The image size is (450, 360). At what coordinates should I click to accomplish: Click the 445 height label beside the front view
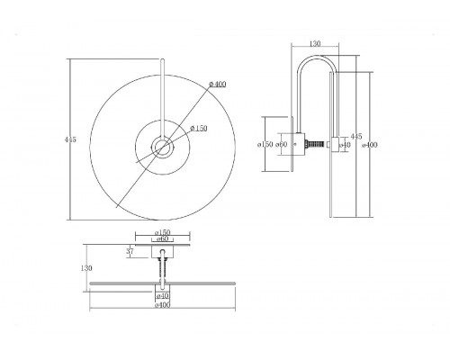pyautogui.click(x=70, y=139)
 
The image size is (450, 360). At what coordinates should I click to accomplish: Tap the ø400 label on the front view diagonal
pyautogui.click(x=218, y=85)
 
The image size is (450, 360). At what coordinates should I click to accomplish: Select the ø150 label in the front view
pyautogui.click(x=199, y=129)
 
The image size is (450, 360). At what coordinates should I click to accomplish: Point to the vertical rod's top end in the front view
pyautogui.click(x=163, y=60)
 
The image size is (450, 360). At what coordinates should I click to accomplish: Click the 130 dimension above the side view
pyautogui.click(x=314, y=43)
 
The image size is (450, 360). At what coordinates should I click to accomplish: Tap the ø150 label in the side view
pyautogui.click(x=265, y=144)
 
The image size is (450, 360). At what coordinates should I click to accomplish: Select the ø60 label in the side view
pyautogui.click(x=282, y=144)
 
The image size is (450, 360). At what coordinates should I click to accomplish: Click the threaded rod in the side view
pyautogui.click(x=315, y=144)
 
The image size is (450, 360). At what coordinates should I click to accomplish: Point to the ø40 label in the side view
pyautogui.click(x=345, y=145)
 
